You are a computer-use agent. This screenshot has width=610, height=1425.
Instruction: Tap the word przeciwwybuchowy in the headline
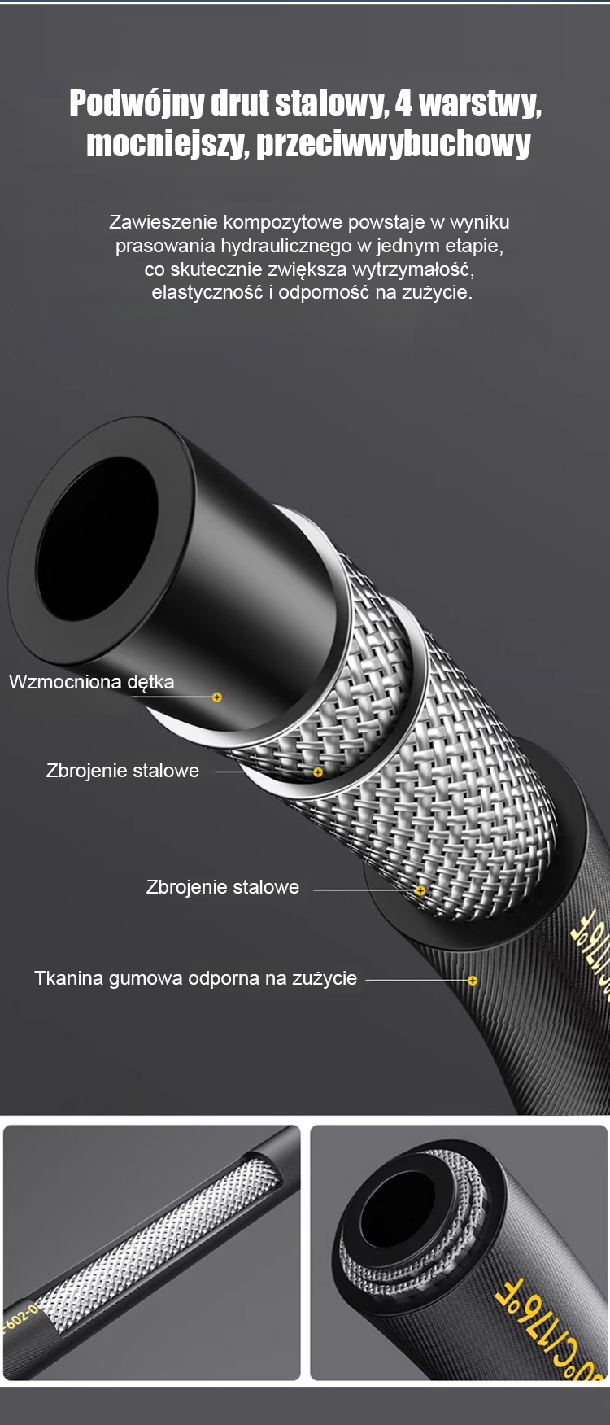coord(394,144)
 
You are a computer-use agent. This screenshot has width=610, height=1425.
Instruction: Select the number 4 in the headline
coord(403,103)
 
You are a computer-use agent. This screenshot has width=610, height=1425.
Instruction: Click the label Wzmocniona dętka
coord(91,682)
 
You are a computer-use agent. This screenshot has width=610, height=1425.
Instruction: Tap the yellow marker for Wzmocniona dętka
coord(217,697)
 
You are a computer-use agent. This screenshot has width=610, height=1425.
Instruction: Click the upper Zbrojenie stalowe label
coord(123,771)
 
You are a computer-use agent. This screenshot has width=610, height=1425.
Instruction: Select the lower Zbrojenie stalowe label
coord(222,887)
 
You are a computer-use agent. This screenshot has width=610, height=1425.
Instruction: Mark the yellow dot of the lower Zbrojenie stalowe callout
coord(420,890)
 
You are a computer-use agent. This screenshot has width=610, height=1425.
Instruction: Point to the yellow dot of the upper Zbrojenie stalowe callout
coord(318,772)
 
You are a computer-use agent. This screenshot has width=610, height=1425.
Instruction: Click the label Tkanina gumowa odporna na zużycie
coord(195,978)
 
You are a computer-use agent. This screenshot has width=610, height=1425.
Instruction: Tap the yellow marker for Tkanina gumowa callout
coord(473,980)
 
